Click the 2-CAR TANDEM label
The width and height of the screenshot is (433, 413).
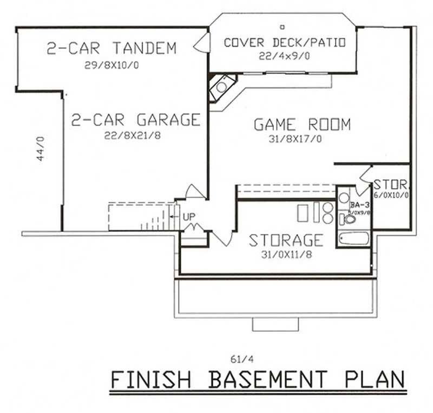pos(111,48)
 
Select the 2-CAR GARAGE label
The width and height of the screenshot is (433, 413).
pos(136,120)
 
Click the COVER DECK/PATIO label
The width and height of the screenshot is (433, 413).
pos(284,42)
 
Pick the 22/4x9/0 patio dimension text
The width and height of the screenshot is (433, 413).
pos(284,56)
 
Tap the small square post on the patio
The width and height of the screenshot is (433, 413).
pos(282,26)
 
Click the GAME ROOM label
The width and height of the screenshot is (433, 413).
pos(302,125)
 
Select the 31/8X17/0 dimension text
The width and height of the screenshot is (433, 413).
pos(302,139)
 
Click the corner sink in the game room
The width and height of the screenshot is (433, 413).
pos(221,87)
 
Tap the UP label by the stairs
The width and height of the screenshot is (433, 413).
pos(189,216)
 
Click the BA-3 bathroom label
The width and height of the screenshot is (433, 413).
pos(359,205)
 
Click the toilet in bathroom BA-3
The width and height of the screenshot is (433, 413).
pos(349,220)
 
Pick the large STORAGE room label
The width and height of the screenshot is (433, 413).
pos(286,240)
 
